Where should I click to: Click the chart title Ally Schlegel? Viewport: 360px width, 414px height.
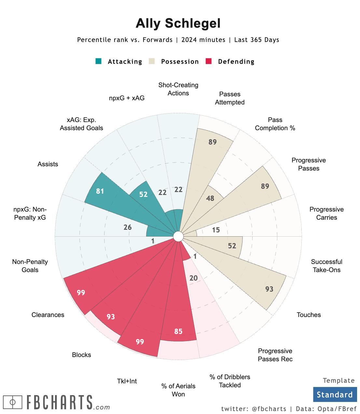click(178, 23)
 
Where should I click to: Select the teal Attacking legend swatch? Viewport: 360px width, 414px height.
click(98, 61)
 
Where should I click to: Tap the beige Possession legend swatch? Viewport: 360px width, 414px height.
click(152, 61)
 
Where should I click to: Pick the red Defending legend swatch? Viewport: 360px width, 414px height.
click(209, 61)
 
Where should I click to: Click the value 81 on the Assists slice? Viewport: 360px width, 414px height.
click(100, 191)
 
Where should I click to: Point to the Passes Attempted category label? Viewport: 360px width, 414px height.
click(229, 98)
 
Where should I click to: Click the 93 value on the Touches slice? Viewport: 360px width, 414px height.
click(269, 289)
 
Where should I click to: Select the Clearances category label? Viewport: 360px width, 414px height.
click(48, 315)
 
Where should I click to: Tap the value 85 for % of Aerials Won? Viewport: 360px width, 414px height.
click(178, 331)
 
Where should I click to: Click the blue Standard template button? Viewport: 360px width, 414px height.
click(335, 394)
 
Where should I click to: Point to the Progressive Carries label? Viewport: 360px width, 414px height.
click(326, 214)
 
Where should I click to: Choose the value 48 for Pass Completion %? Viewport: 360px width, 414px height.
click(210, 198)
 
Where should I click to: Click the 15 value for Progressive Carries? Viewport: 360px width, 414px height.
click(216, 230)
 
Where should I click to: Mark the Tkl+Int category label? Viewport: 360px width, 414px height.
click(127, 381)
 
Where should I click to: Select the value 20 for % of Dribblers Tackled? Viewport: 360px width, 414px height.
click(193, 278)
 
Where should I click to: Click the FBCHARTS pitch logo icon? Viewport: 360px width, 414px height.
click(13, 402)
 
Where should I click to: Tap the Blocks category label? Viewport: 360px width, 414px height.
click(81, 355)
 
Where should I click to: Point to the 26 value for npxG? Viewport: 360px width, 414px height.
click(128, 227)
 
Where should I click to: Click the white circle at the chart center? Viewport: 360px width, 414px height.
click(178, 237)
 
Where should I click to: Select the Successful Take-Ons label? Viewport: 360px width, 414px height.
click(326, 266)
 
